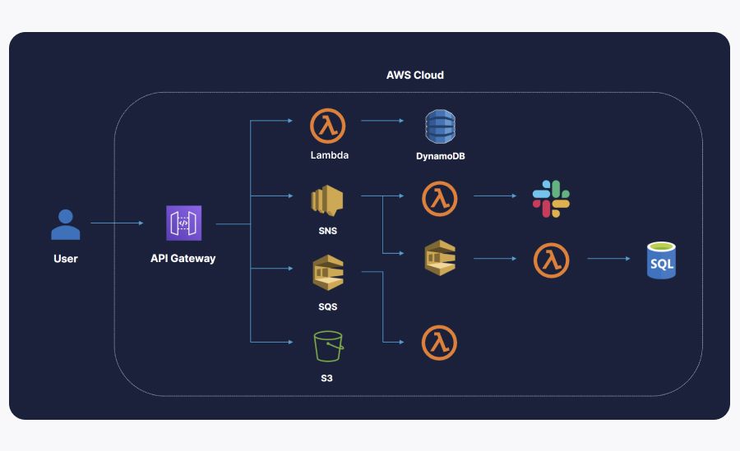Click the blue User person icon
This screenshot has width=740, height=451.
66,224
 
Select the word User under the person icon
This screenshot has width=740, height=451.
66,259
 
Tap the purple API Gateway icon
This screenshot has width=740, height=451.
183,223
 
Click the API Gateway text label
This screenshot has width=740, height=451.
183,258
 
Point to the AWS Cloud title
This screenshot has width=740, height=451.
414,75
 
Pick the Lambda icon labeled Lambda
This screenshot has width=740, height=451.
327,126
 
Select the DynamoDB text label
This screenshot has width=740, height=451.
440,155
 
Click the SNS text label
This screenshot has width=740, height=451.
326,231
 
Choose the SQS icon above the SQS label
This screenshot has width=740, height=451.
327,274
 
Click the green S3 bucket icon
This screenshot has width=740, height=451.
327,346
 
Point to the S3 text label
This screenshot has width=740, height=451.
326,378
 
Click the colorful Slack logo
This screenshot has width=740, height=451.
551,199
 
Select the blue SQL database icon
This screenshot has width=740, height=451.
660,260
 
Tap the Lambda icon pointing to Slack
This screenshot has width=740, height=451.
439,199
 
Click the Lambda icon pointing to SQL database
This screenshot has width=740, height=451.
550,260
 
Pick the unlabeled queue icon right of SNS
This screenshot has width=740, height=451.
439,258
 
